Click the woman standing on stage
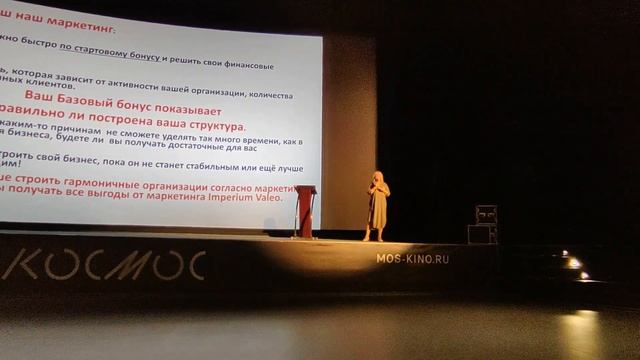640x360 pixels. coord(378,205)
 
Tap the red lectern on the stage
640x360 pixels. coord(305,210)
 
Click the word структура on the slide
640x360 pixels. coord(204,127)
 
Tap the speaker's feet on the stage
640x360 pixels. coord(376,238)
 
